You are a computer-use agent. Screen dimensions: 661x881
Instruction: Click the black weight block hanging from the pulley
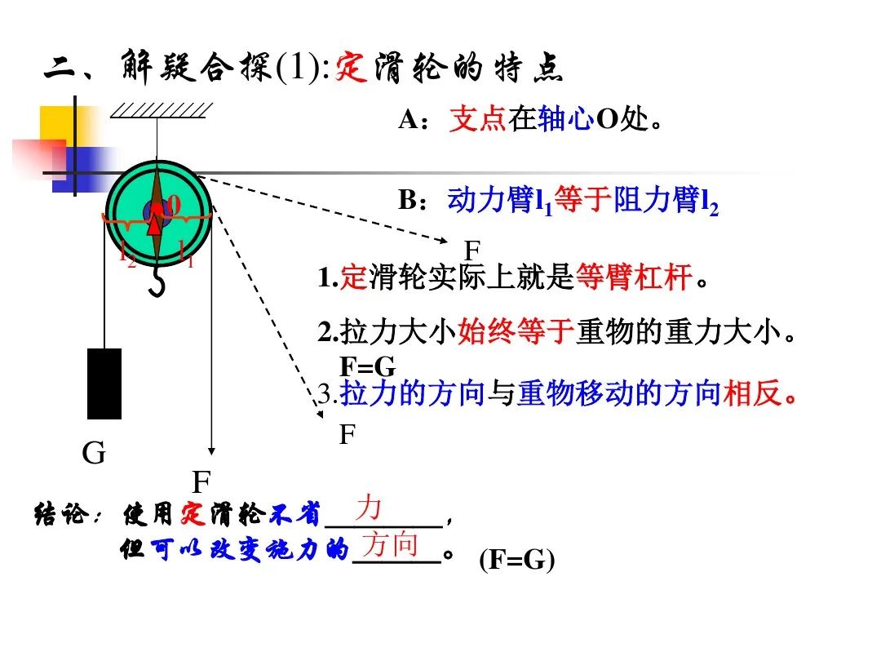coord(104,384)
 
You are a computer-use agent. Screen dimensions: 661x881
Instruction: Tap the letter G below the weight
coord(94,454)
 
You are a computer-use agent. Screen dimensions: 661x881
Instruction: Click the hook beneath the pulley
coord(159,282)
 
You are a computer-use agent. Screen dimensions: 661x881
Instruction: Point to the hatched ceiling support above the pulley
coord(162,109)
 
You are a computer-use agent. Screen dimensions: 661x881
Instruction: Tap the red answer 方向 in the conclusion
coord(390,543)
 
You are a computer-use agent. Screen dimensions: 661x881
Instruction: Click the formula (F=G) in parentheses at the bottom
coord(516,561)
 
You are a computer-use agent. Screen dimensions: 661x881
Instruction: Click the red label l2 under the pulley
coord(127,255)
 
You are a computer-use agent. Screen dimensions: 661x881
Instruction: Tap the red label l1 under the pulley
coord(186,255)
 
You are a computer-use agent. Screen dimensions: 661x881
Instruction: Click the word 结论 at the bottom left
coord(57,516)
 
